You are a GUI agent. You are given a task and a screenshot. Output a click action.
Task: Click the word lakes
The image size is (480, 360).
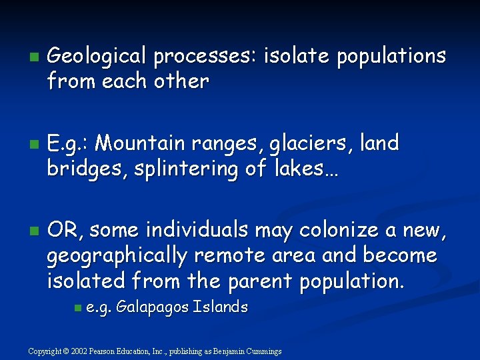point(301,169)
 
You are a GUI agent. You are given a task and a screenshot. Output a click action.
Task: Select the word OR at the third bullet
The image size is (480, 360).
point(64,230)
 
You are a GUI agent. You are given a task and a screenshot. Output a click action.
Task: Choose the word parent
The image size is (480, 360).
point(261,281)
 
